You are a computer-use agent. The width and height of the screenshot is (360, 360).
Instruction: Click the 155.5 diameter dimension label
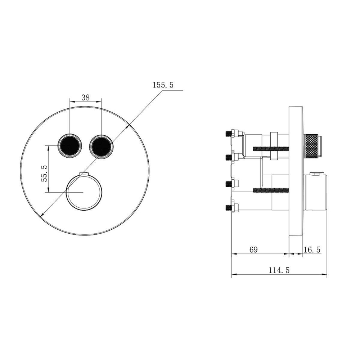coord(163,85)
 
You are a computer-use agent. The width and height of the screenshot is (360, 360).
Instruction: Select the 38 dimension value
coord(85,98)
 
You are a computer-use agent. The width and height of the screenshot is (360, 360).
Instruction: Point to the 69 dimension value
coord(253,249)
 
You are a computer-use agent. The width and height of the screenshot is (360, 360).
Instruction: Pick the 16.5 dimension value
coord(312,249)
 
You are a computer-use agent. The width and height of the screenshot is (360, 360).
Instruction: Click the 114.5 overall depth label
coord(279,270)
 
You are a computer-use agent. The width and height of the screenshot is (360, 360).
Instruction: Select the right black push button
coord(101,146)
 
